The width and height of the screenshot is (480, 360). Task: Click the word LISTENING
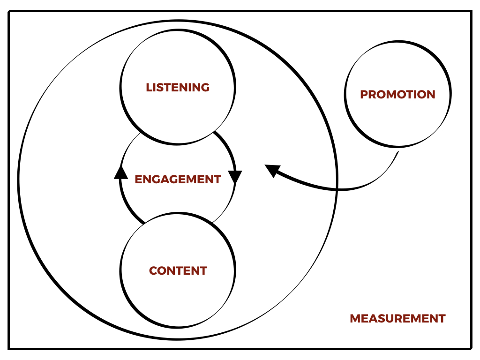pyautogui.click(x=178, y=87)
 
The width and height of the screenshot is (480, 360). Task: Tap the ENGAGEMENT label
pyautogui.click(x=178, y=179)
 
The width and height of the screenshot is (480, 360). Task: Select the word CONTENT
pyautogui.click(x=178, y=270)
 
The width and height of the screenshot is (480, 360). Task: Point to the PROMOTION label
pyautogui.click(x=397, y=94)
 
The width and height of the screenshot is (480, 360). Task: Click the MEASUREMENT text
pyautogui.click(x=397, y=318)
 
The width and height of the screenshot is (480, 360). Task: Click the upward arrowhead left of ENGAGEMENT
pyautogui.click(x=121, y=173)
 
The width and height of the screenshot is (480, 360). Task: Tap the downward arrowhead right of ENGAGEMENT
pyautogui.click(x=235, y=176)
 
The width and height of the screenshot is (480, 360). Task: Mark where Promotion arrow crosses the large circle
pyautogui.click(x=337, y=189)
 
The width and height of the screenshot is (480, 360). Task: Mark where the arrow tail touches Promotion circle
pyautogui.click(x=398, y=150)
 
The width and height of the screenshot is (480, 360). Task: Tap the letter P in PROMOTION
pyautogui.click(x=364, y=94)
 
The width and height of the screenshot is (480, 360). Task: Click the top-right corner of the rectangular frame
pyautogui.click(x=471, y=12)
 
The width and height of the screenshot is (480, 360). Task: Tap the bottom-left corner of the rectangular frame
pyautogui.click(x=9, y=348)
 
